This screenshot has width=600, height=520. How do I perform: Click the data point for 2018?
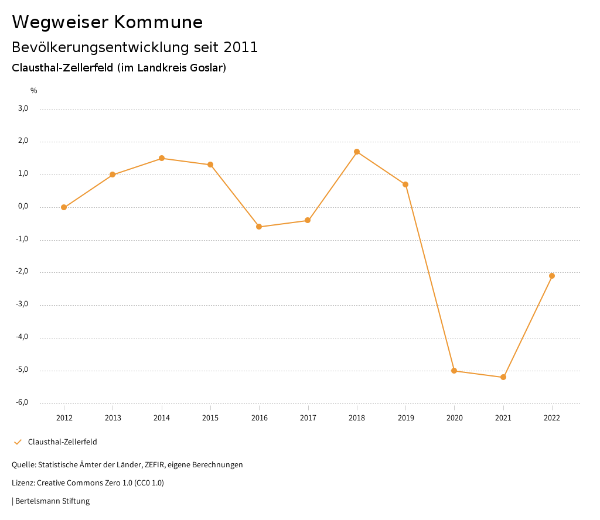[357, 152]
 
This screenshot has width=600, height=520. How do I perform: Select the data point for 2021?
[503, 377]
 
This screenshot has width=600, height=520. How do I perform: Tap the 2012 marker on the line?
[64, 207]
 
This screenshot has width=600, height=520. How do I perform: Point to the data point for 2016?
[259, 227]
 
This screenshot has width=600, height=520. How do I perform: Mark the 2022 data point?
[552, 276]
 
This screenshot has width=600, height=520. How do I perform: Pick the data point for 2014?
[162, 158]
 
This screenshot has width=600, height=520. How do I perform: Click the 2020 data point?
[454, 371]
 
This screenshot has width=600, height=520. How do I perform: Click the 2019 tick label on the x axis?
[405, 418]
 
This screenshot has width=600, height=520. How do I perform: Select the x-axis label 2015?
[210, 418]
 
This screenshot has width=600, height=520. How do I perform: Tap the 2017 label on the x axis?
[308, 418]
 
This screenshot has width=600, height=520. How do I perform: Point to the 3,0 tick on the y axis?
[23, 108]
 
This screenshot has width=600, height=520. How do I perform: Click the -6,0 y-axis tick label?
[22, 402]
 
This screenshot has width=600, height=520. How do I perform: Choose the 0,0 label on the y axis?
[23, 206]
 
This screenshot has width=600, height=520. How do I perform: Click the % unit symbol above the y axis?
[34, 91]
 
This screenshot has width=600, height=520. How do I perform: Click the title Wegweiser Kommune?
[107, 22]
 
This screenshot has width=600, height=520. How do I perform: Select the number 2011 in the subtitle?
[241, 47]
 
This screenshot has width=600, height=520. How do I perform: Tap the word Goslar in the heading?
[205, 68]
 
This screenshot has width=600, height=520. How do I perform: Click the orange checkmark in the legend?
[18, 442]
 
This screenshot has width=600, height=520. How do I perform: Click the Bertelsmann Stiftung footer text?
[52, 501]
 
